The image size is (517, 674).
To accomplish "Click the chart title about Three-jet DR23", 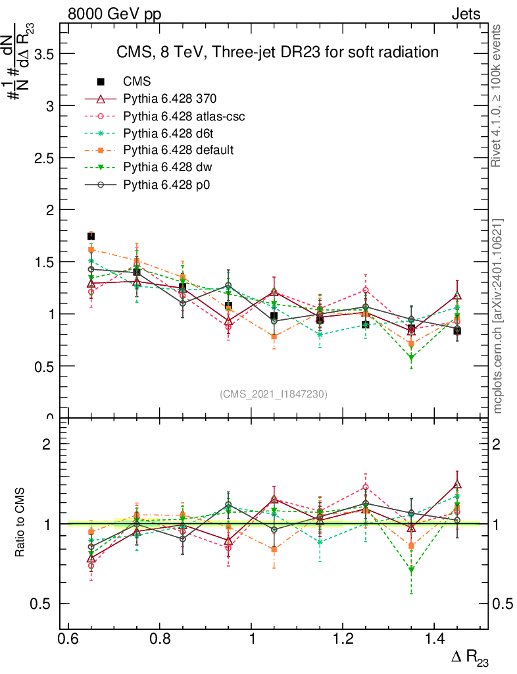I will [277, 52].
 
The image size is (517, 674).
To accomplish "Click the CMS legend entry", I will [137, 82].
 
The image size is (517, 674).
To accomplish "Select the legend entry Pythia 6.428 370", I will [170, 99].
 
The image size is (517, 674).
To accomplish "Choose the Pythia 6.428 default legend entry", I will [178, 150].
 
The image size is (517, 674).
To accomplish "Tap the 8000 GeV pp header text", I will [114, 14].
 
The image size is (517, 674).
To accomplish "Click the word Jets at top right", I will [466, 14].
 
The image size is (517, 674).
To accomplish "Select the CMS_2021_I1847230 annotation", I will [274, 394].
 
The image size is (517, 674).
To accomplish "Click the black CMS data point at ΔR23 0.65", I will [91, 236].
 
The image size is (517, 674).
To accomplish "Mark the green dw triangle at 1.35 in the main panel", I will [411, 358].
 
